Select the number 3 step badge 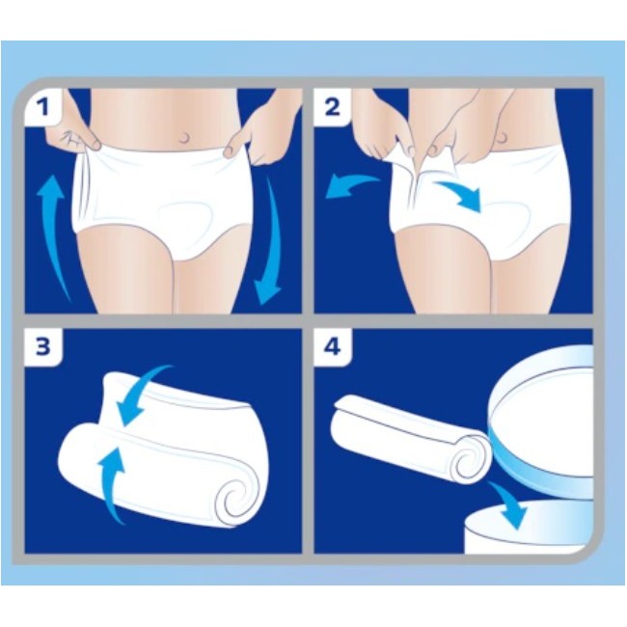click(42, 346)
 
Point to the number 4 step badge click(333, 346)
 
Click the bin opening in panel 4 click(540, 531)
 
